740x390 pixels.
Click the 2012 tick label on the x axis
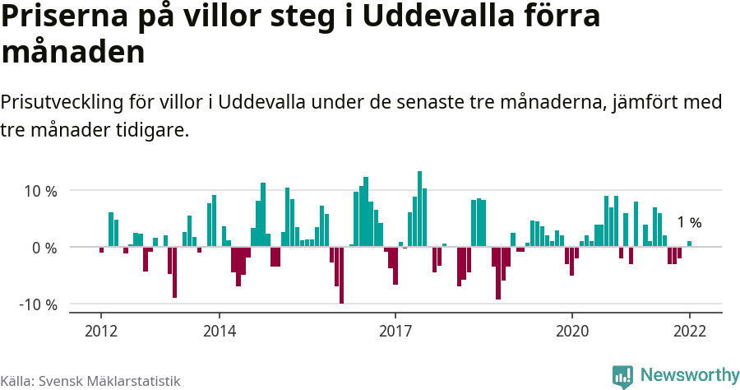(101, 331)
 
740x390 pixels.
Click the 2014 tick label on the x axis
(219, 331)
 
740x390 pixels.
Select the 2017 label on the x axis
(395, 331)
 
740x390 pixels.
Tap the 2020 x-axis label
(571, 331)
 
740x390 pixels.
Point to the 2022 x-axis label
(689, 331)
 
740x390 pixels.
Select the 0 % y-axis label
(44, 248)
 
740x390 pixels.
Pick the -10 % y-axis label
(38, 304)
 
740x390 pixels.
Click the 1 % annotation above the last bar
(689, 223)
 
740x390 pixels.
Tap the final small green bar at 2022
(689, 244)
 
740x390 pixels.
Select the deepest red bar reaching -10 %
(341, 275)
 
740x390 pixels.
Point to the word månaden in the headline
(73, 53)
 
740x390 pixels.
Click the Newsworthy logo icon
(622, 376)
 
